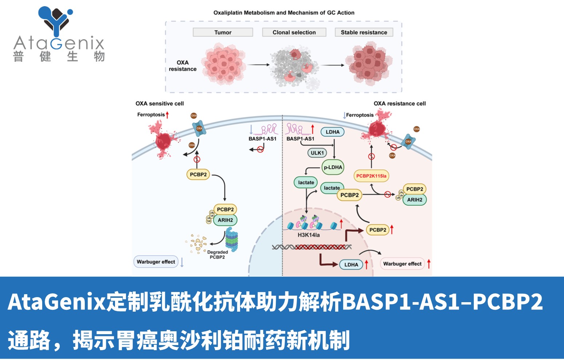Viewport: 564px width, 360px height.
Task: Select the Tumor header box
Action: pos(223,32)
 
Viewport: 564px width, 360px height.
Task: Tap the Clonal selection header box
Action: pos(294,32)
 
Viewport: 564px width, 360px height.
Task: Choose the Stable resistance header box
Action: pos(364,32)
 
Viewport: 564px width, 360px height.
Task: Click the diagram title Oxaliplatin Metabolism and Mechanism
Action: pos(284,13)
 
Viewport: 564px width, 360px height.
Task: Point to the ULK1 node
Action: pos(317,153)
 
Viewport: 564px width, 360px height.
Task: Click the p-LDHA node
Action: pos(333,167)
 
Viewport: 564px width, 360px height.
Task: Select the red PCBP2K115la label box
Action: pos(371,176)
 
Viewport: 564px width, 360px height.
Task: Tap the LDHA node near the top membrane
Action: pos(332,132)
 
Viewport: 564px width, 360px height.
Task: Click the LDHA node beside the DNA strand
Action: pos(351,265)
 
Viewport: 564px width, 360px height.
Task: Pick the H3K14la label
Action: pos(309,235)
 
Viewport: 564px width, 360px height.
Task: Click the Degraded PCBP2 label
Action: pos(217,255)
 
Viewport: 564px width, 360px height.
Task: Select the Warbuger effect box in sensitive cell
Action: pos(156,262)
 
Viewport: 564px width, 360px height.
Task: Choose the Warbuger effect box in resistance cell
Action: pos(402,264)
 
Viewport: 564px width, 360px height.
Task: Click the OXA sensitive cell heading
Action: pos(160,104)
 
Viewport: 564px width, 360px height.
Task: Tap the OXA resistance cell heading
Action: pos(400,104)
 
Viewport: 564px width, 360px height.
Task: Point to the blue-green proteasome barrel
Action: pos(231,240)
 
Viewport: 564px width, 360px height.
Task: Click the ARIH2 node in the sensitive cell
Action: pos(225,220)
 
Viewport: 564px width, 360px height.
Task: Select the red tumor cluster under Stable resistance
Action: pos(369,64)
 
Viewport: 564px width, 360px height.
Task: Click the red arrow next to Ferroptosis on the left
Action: pos(167,115)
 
